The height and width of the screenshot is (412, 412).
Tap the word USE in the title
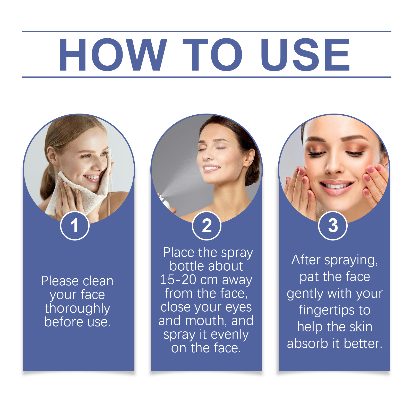tap(305, 54)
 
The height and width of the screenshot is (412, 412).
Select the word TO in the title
tap(212, 54)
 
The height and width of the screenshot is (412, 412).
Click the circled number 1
tap(75, 226)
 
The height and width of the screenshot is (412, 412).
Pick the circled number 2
tap(207, 226)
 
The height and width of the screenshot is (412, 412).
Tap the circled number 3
tap(333, 226)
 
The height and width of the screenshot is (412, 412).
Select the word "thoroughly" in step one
tap(77, 308)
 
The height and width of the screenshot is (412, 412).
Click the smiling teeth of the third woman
tap(336, 185)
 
